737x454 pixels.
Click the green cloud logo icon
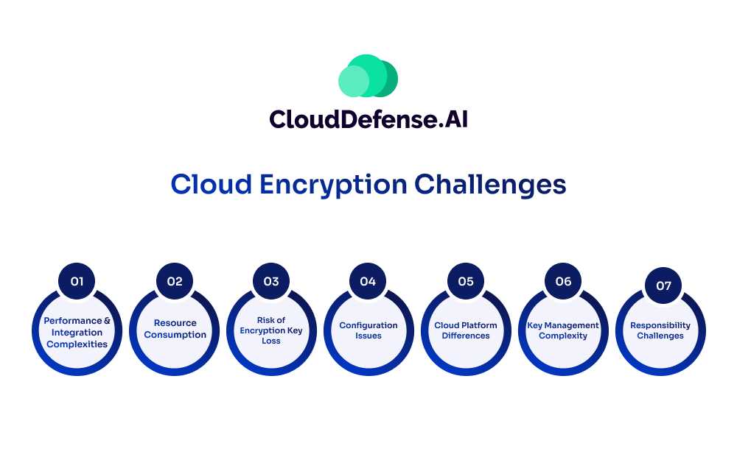[368, 76]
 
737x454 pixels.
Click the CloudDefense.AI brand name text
[368, 119]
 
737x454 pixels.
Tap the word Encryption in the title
[333, 185]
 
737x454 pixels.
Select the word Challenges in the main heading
[490, 185]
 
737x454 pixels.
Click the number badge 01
[77, 281]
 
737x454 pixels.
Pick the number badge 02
[175, 281]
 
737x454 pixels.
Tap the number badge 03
[271, 281]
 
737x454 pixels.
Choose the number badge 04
[368, 281]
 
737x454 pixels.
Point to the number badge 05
[466, 281]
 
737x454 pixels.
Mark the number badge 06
[563, 281]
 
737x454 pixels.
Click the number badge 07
[664, 285]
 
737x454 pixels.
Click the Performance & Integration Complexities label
[77, 333]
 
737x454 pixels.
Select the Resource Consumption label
[175, 329]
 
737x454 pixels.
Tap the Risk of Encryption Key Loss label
[271, 330]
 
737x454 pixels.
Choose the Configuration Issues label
[368, 330]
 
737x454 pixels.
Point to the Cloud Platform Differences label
[466, 330]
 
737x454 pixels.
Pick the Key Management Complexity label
[563, 330]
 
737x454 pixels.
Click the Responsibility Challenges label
[660, 330]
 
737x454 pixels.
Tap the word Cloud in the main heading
[212, 184]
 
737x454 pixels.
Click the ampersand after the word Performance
[107, 321]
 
